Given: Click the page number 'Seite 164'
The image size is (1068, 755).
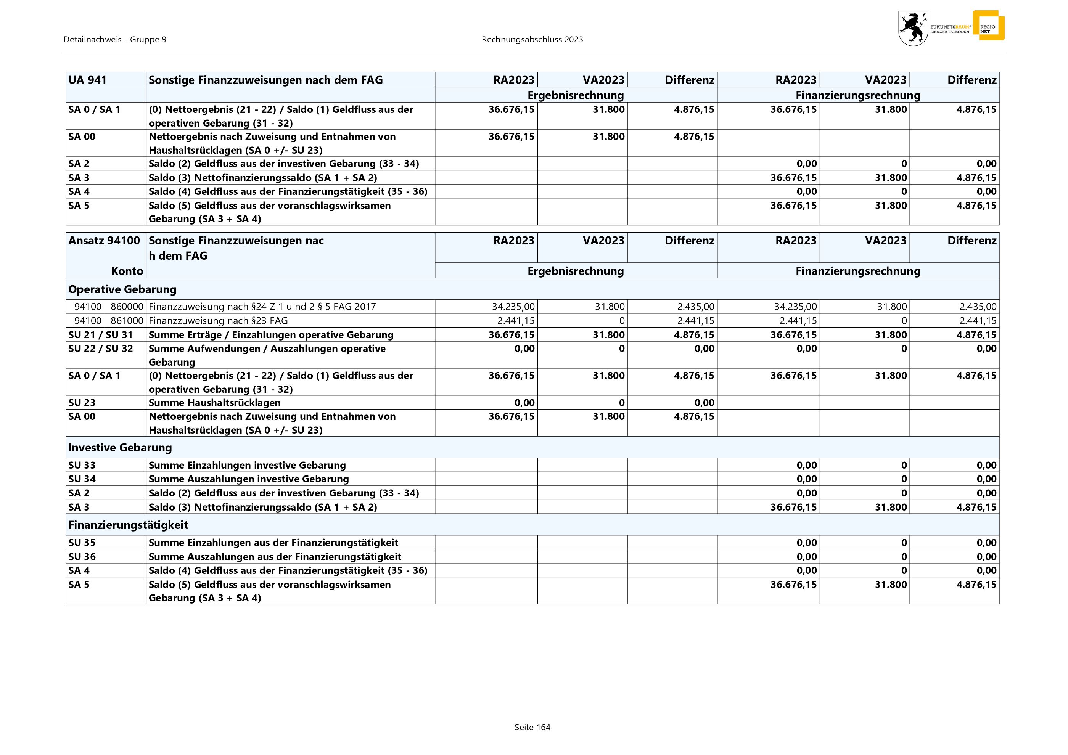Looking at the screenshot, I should point(532,727).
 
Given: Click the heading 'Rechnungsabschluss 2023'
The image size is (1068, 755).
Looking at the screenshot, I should point(532,40).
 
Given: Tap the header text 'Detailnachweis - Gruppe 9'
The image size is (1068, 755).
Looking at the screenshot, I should point(115,40).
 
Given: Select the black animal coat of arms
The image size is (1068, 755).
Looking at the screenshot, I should point(913,28).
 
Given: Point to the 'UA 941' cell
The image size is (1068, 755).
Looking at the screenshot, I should point(87,80).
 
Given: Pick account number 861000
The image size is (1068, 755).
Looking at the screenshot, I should point(127,320).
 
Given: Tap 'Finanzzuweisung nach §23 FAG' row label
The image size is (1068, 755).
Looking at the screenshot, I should point(218,320).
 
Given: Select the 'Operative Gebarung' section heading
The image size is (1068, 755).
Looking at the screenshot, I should point(122,289).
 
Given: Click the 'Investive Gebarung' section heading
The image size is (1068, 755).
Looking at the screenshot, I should point(120,447).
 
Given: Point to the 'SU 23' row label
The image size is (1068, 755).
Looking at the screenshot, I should point(82,403).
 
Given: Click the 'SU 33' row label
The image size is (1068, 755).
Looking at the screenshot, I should point(82,465).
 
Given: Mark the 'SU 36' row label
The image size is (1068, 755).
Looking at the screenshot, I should point(82,556).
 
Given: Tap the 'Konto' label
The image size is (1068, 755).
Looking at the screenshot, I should point(127,271).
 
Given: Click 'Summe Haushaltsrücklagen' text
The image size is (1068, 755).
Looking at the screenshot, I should point(214,403).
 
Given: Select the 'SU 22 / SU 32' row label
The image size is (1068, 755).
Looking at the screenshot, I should point(100,349).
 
